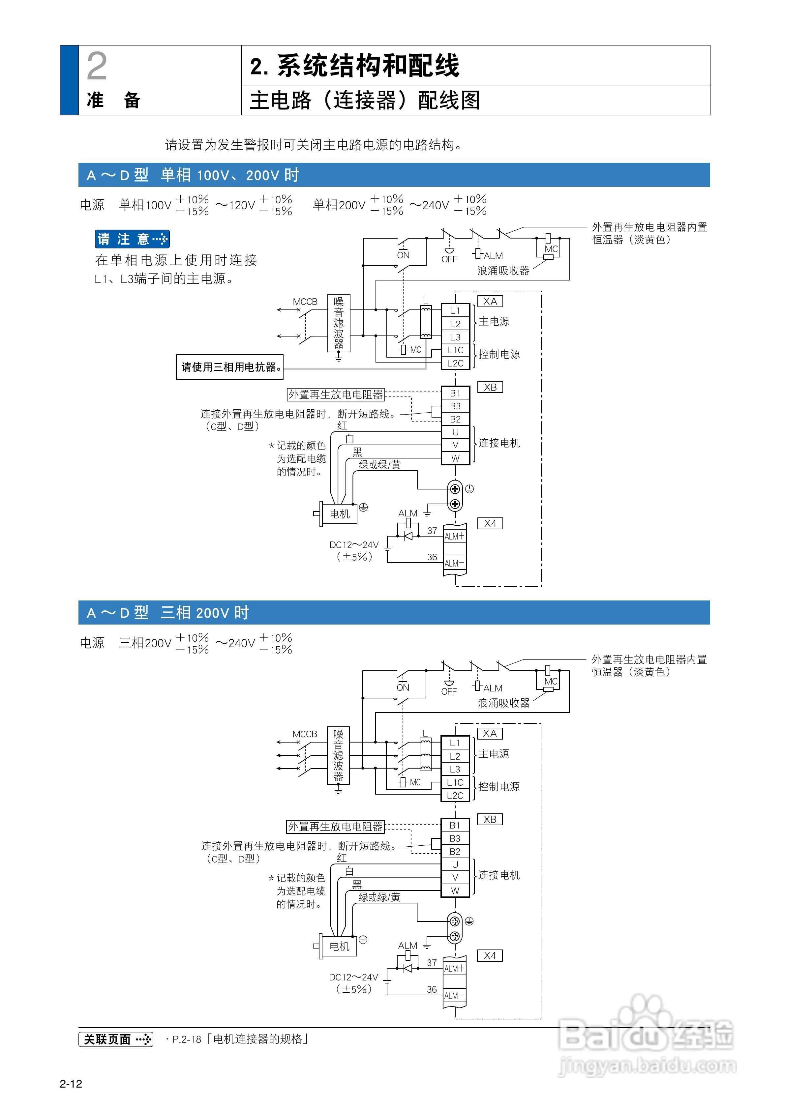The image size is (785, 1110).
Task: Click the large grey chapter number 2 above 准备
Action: pos(97,66)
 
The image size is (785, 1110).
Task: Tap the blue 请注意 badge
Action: pos(132,239)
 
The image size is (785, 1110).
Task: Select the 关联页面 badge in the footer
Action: pos(116,1039)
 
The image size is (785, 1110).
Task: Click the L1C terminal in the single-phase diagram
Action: pos(455,350)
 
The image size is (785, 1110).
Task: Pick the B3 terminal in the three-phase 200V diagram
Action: pos(455,838)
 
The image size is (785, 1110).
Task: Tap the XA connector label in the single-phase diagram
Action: pos(490,301)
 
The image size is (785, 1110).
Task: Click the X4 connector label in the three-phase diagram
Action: pos(490,956)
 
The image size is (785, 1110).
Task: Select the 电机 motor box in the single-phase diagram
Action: pos(340,514)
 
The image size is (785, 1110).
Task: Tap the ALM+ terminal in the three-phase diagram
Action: pos(454,968)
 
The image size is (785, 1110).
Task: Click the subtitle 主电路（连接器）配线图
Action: pos(365,101)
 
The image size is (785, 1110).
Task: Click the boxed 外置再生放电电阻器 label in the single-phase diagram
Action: pos(336,394)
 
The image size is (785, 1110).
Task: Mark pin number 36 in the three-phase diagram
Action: pos(432,990)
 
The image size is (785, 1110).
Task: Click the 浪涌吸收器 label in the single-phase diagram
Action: pos(503,271)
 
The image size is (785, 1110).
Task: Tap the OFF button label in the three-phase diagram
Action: pos(449,691)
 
